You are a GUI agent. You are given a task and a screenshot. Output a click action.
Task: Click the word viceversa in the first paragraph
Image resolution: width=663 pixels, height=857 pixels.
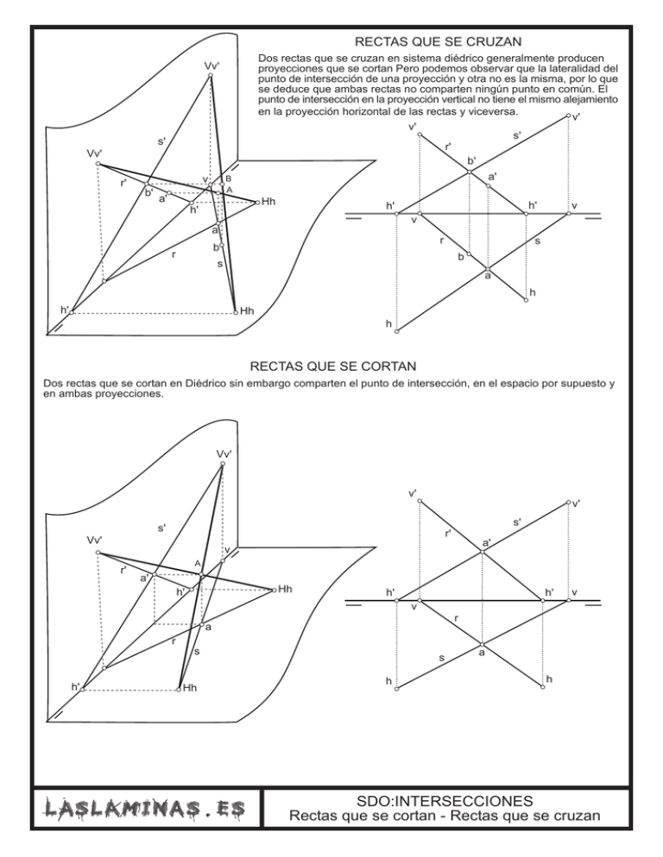tap(487, 112)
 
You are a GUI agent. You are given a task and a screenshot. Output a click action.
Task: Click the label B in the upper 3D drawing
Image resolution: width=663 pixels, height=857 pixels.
tap(229, 178)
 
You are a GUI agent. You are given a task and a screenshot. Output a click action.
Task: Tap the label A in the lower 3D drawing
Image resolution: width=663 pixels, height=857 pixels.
tap(198, 564)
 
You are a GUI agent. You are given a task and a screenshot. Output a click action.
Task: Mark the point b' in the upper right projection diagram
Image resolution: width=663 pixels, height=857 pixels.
tap(469, 172)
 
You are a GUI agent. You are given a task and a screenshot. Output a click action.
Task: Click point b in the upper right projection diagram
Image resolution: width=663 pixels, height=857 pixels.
tap(469, 249)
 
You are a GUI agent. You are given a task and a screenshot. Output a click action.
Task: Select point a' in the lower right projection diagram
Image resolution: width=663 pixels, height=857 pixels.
tap(482, 552)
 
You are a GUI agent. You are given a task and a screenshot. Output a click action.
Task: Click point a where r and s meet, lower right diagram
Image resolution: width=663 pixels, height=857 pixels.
tap(482, 644)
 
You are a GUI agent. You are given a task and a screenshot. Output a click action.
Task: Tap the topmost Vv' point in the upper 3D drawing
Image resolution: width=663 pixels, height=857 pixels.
tap(211, 76)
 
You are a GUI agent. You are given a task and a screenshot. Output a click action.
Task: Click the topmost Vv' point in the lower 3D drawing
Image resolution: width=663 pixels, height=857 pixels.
tap(222, 464)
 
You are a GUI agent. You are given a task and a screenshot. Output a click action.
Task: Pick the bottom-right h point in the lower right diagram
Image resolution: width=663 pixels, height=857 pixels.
tap(542, 688)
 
